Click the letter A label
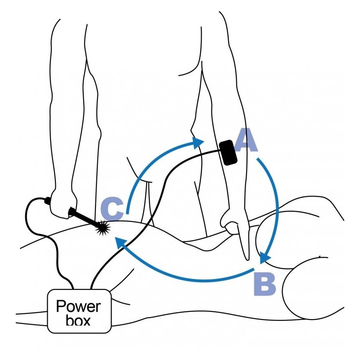(245, 140)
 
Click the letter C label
(112, 209)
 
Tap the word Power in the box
(78, 306)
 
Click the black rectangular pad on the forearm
(228, 153)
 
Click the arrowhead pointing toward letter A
(198, 143)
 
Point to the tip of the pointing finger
(247, 259)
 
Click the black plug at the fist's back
(48, 201)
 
